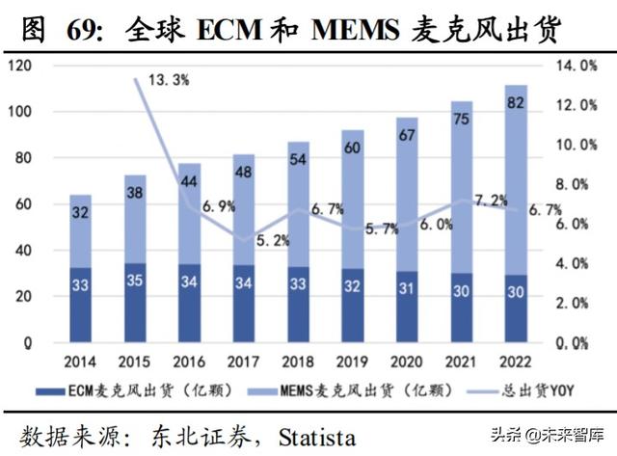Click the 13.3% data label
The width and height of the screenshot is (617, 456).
point(170,80)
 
